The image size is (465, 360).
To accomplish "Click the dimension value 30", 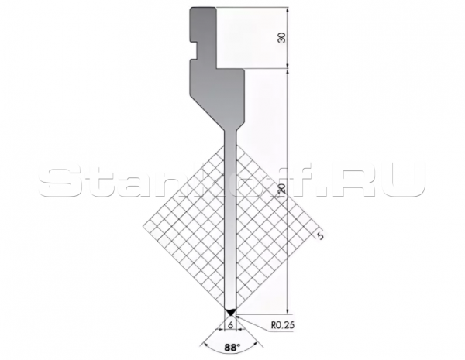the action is tap(283, 37).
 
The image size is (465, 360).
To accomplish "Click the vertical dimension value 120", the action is tap(282, 193).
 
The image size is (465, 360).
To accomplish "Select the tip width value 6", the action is tap(231, 324).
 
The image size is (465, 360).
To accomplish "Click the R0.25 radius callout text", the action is tap(283, 325).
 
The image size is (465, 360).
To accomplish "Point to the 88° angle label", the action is tap(232, 348).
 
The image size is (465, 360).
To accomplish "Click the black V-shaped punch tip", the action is tap(230, 312).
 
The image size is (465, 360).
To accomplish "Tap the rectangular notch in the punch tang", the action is tap(194, 50).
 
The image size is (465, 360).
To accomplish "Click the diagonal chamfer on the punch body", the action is tap(207, 112).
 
